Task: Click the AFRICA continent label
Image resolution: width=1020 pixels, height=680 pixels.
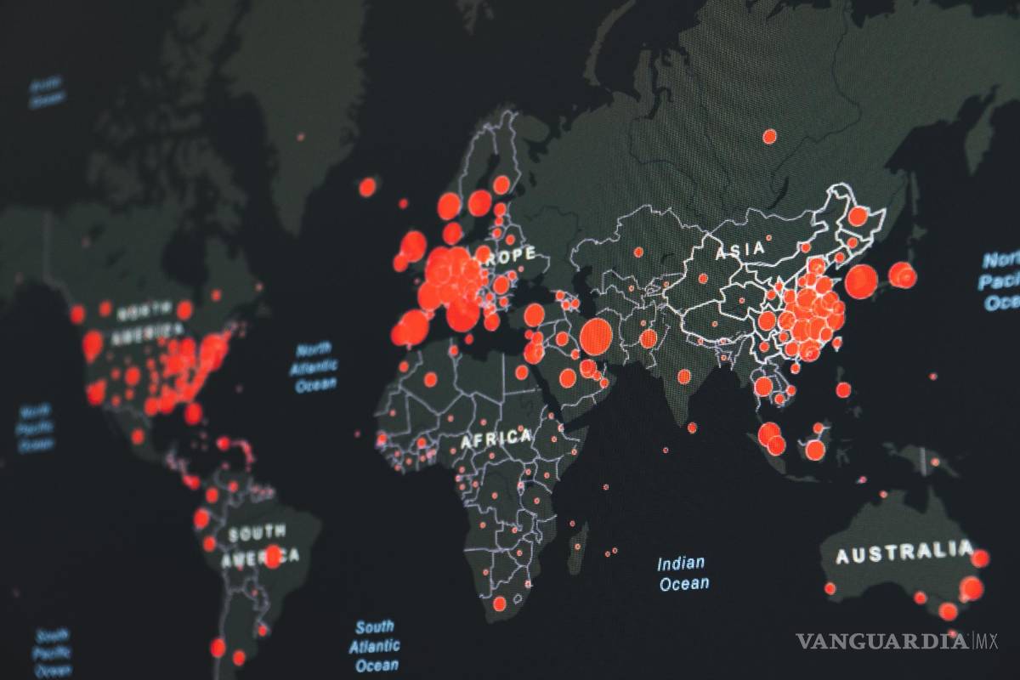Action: (x=496, y=439)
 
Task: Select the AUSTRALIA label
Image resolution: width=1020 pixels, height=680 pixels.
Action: (x=903, y=553)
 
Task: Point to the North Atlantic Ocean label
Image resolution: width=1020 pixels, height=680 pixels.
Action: (x=315, y=367)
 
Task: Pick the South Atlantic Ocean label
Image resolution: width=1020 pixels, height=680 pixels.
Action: (x=374, y=646)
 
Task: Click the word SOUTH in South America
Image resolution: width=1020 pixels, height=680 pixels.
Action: (x=257, y=535)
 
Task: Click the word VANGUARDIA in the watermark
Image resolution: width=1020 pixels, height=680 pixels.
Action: (x=881, y=641)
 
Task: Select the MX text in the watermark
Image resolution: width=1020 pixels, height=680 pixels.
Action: (x=986, y=640)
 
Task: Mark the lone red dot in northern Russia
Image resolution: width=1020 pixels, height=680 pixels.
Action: (x=769, y=136)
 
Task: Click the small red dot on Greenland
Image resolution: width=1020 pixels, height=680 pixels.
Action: (x=300, y=136)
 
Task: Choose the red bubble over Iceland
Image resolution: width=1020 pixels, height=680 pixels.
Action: (x=367, y=187)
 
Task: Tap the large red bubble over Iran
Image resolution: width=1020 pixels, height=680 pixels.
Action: (x=596, y=337)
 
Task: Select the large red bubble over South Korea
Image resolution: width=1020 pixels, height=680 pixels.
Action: (x=860, y=281)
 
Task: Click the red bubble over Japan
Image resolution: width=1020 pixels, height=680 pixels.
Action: (x=902, y=275)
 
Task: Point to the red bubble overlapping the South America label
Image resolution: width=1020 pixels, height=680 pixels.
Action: (x=273, y=557)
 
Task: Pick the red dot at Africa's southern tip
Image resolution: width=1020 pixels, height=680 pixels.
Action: (x=499, y=603)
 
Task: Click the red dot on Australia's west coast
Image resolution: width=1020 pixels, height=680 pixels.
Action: (x=830, y=588)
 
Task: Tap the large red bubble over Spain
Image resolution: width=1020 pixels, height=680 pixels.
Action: (x=413, y=327)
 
